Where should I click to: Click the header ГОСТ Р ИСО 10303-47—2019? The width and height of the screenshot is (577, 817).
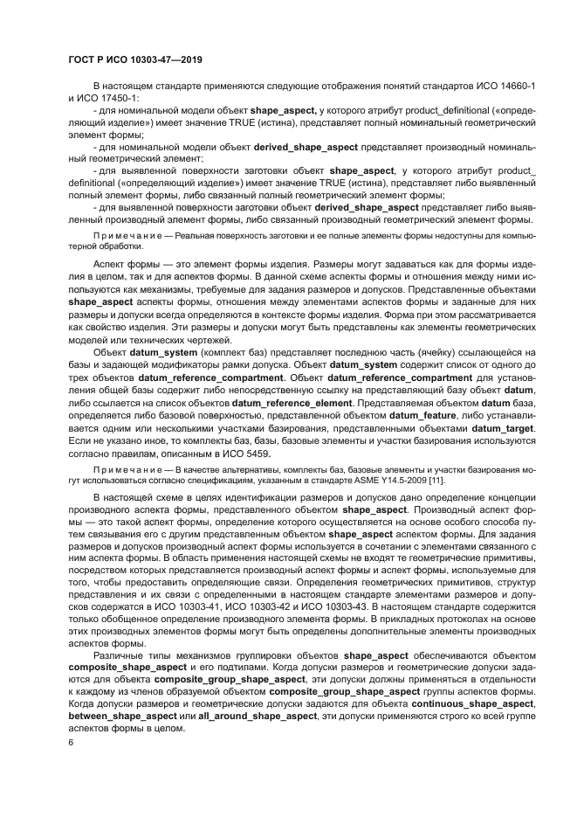point(135,60)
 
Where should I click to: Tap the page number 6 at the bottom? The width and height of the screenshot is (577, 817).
point(71,743)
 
